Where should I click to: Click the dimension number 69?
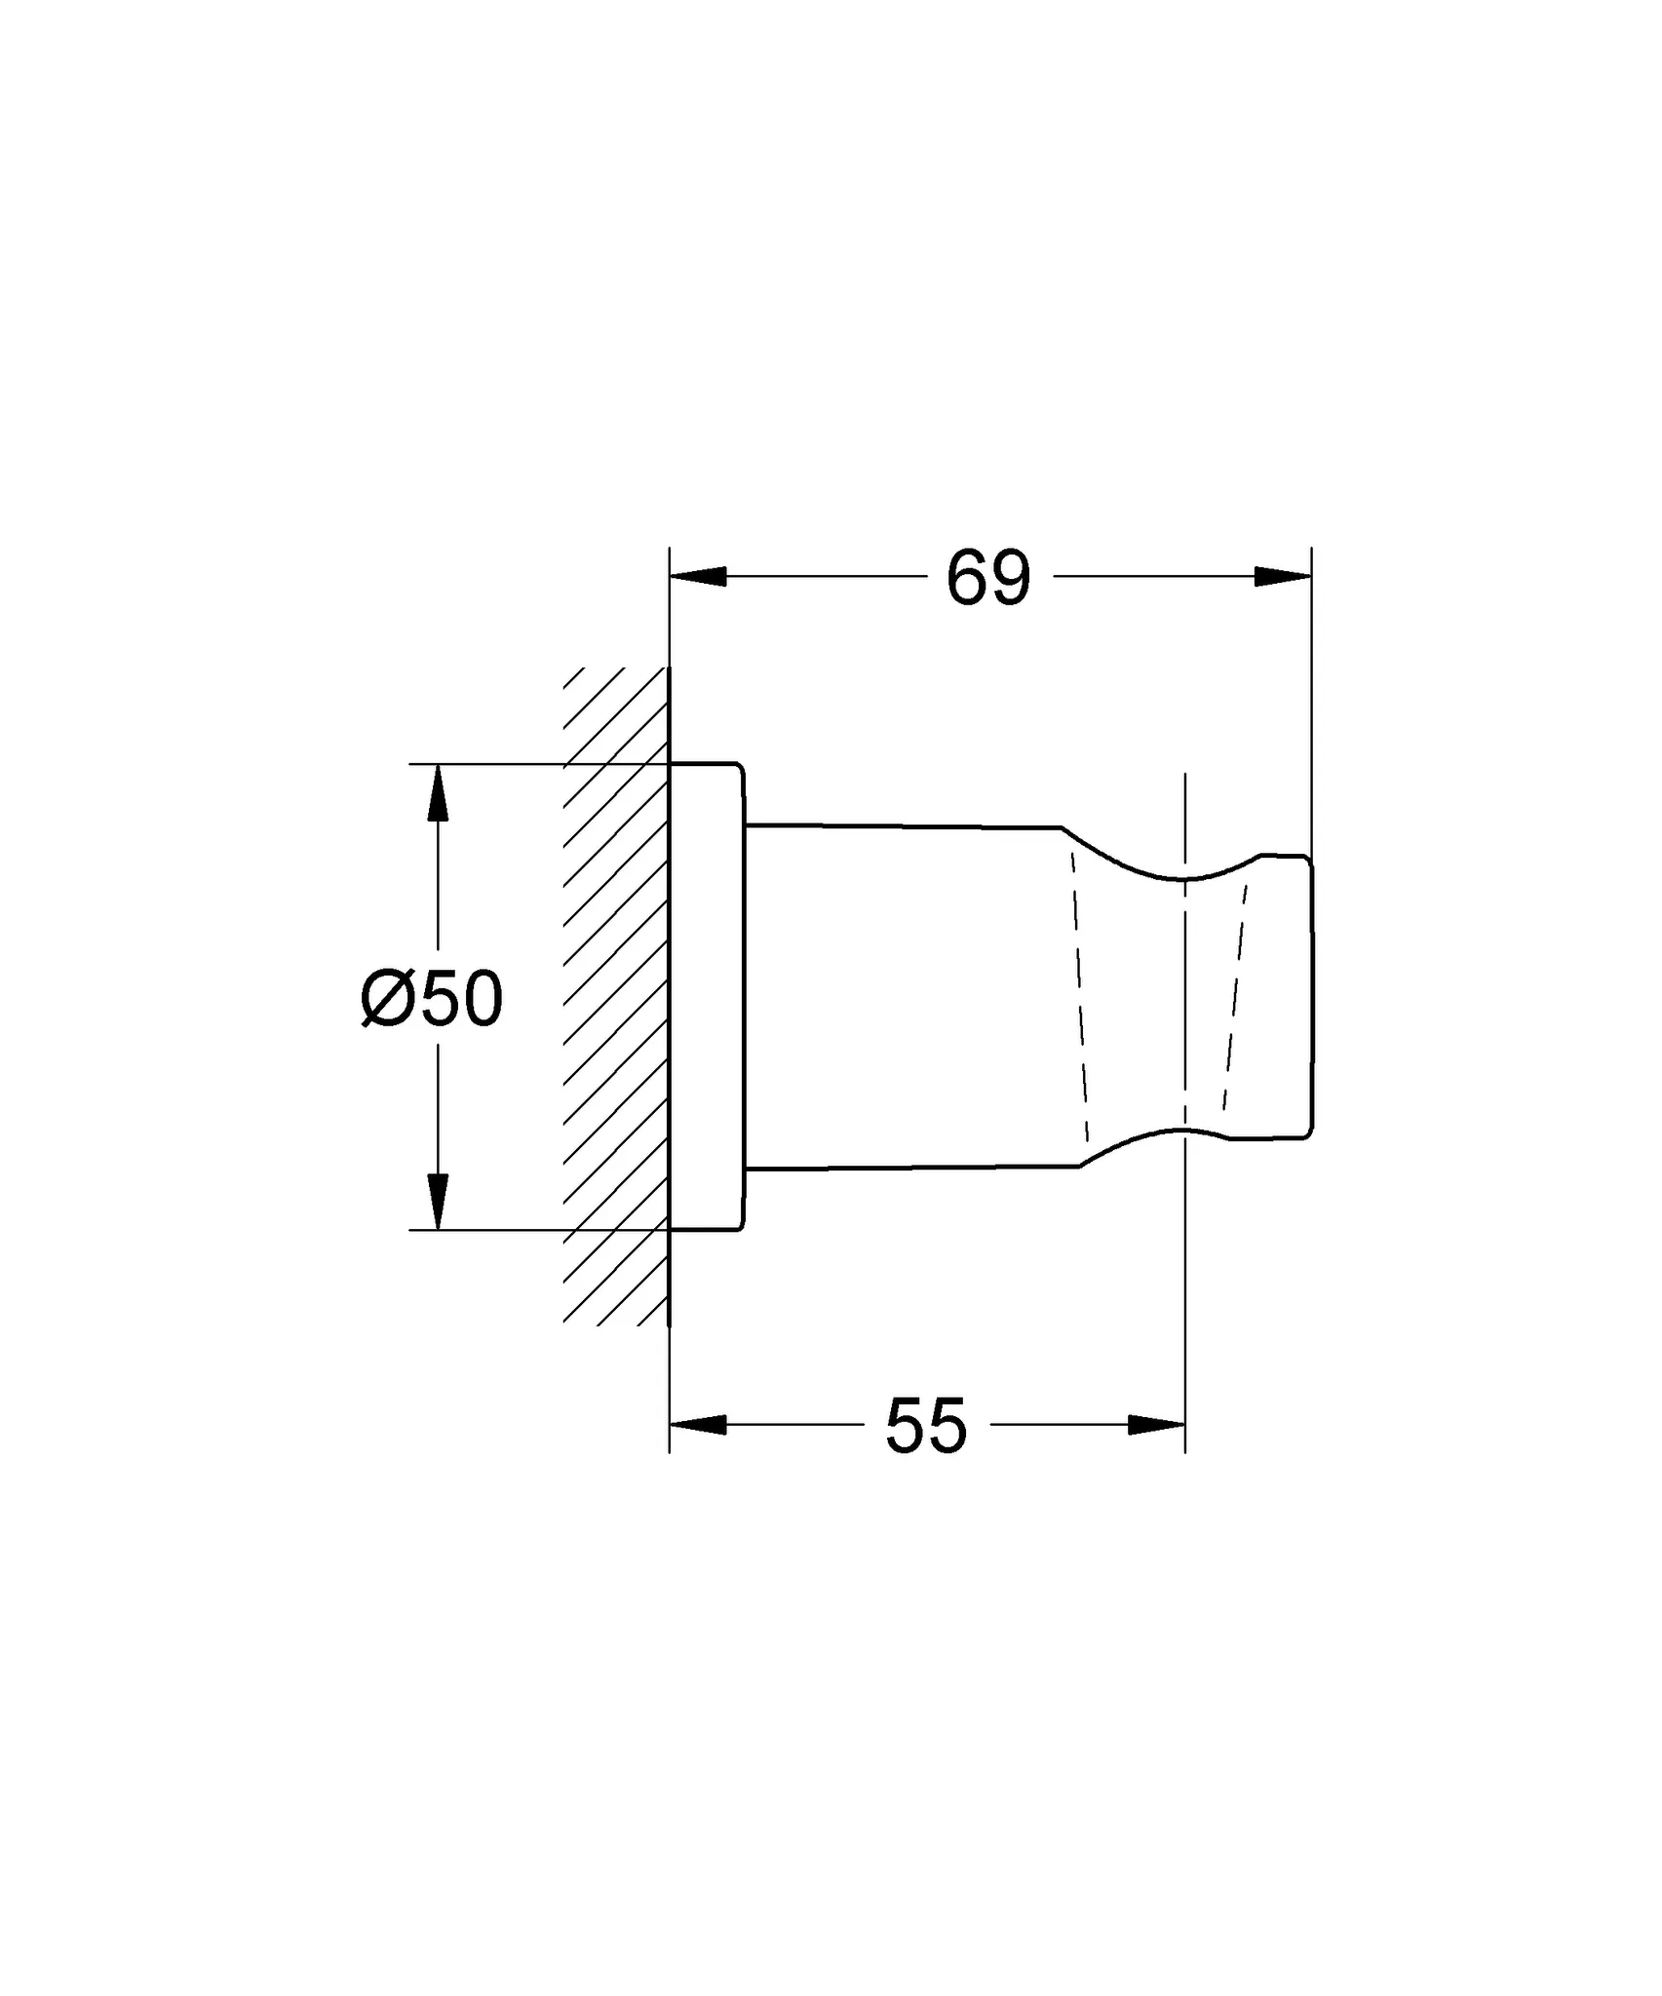[987, 579]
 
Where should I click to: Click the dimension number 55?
[925, 1426]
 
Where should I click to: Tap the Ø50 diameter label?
[432, 1000]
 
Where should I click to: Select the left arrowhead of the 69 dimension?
[698, 577]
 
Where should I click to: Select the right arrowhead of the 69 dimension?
[1283, 577]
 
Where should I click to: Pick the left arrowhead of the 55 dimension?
[698, 1425]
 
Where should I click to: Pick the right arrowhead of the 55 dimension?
[1157, 1425]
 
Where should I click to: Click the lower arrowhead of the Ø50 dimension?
[438, 1201]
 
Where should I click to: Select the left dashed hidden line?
[1079, 994]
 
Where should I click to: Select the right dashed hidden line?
[1235, 994]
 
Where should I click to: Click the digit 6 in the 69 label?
[967, 579]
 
